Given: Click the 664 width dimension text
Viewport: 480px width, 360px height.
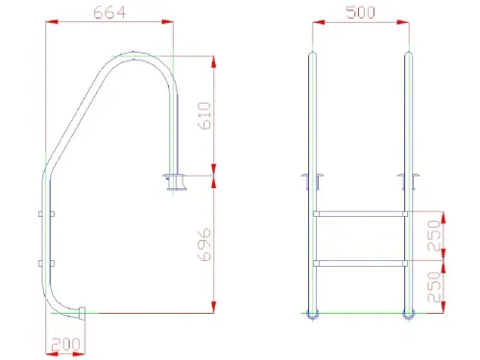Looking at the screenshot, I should (110, 13).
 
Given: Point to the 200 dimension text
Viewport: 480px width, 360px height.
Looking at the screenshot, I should (65, 343).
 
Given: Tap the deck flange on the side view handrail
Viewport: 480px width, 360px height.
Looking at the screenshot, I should (176, 180).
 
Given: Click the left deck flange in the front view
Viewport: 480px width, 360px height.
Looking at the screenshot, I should (311, 180).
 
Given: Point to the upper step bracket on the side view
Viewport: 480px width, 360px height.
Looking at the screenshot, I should (46, 213).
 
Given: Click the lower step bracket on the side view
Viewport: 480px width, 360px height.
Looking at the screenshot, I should (46, 261).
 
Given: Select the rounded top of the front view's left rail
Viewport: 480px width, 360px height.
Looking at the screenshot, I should (311, 55).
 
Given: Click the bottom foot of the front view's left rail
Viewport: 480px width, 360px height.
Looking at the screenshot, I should (311, 313).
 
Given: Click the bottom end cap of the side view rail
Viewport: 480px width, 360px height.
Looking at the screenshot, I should (84, 311).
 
